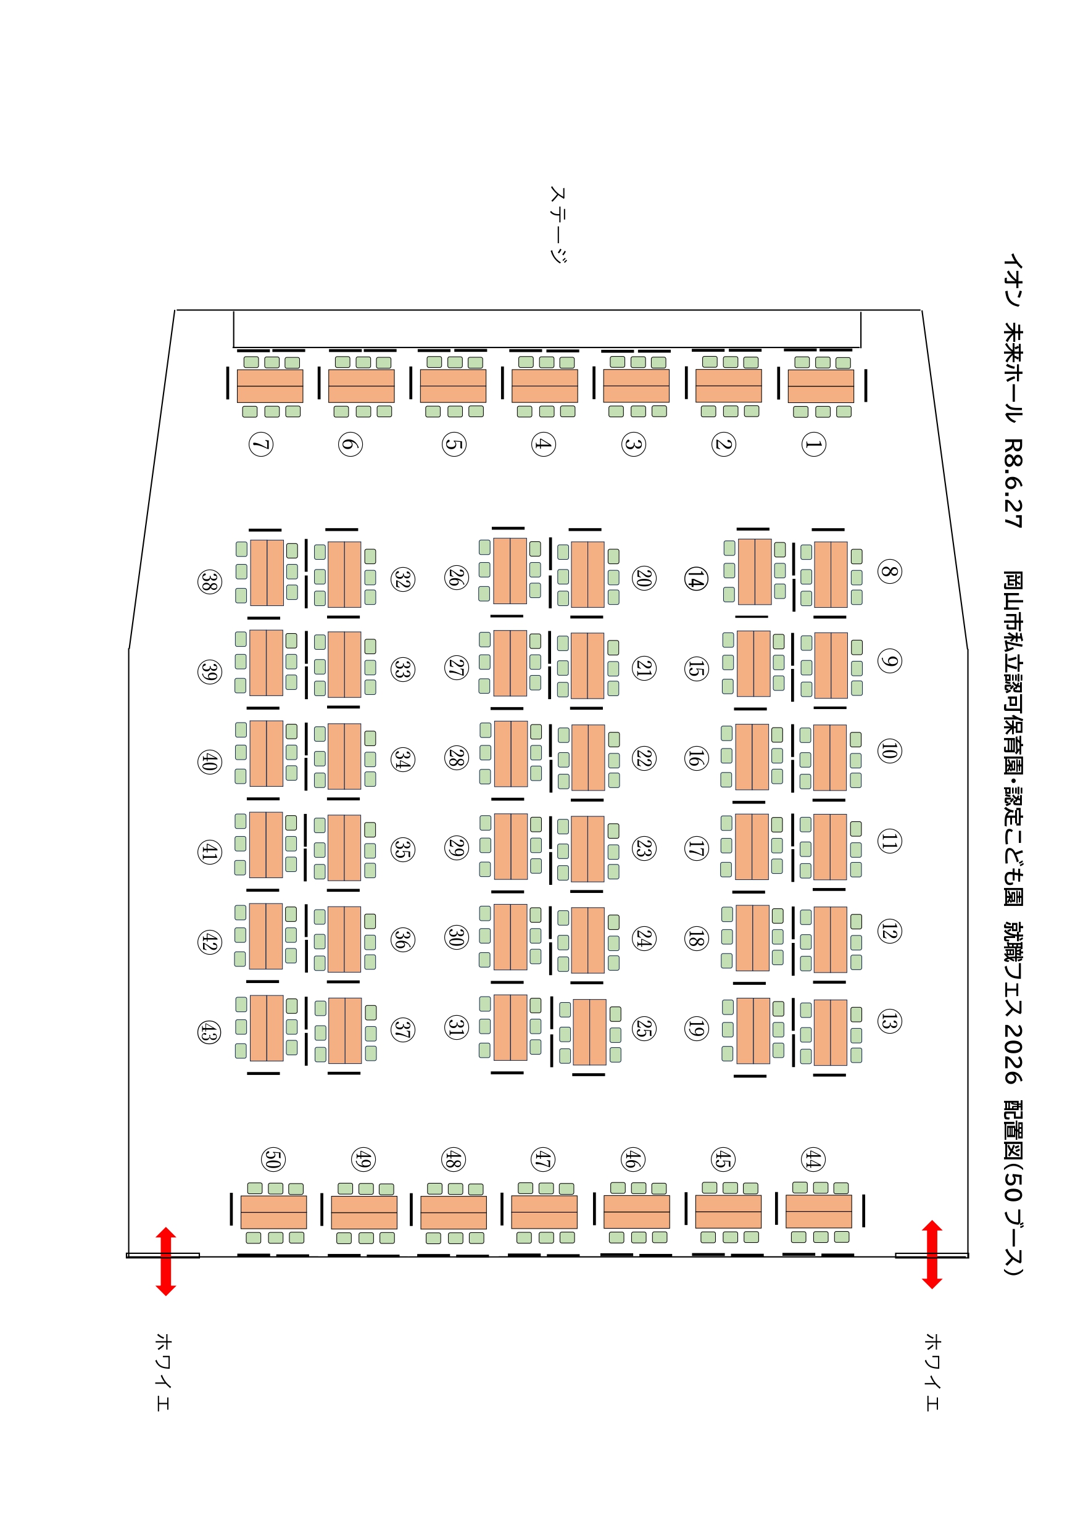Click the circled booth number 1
coord(813,444)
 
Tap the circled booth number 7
coord(261,444)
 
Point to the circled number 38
coord(209,581)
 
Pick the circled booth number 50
coord(273,1159)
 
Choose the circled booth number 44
coord(812,1159)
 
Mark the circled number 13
coord(889,1021)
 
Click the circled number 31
coord(456,1026)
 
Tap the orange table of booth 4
coord(544,386)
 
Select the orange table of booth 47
coord(544,1211)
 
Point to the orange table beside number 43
coord(266,1027)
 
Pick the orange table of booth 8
coord(830,574)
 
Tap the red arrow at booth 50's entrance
coord(165,1261)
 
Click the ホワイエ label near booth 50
coord(164,1372)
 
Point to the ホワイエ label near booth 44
coord(932,1372)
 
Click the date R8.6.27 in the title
coord(1013,483)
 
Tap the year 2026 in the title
coord(1013,1053)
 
